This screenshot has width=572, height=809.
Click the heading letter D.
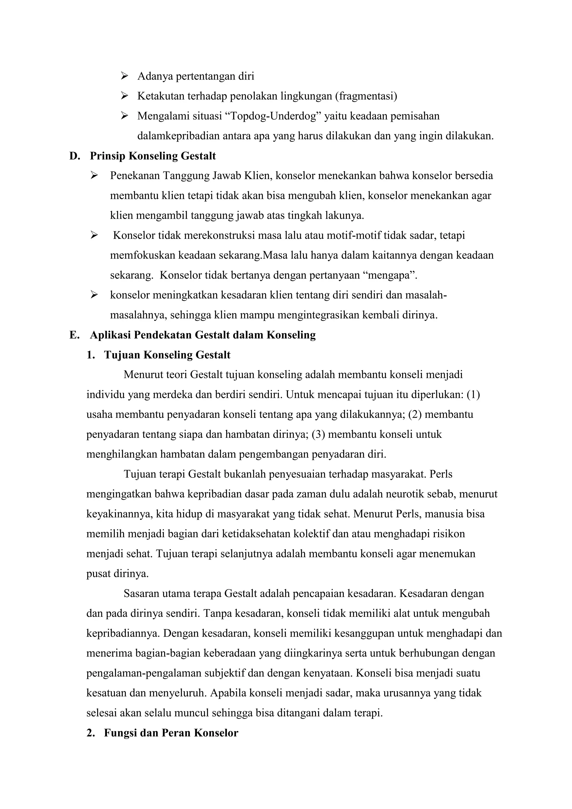74,156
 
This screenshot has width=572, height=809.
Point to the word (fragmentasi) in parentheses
366,96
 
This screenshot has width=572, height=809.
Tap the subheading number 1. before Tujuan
90,355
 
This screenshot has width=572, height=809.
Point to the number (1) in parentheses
473,395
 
